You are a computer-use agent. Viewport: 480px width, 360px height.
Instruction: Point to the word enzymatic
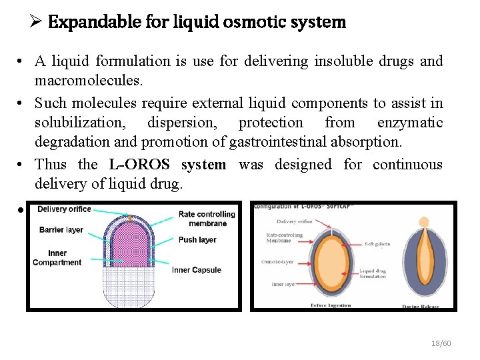409,122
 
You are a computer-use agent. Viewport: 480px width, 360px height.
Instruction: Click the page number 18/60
441,343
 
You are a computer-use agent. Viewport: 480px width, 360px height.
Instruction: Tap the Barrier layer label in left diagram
61,230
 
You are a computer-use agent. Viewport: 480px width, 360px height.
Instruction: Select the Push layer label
197,240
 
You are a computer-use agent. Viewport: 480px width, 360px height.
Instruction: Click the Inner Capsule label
197,270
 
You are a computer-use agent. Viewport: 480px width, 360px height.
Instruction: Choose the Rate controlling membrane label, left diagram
207,219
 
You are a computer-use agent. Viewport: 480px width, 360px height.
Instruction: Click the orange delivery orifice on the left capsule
131,219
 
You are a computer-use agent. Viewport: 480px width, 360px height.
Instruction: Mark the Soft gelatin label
377,244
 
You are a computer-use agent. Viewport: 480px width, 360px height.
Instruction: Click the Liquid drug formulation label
373,273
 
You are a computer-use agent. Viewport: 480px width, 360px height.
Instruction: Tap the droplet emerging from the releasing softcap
424,222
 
